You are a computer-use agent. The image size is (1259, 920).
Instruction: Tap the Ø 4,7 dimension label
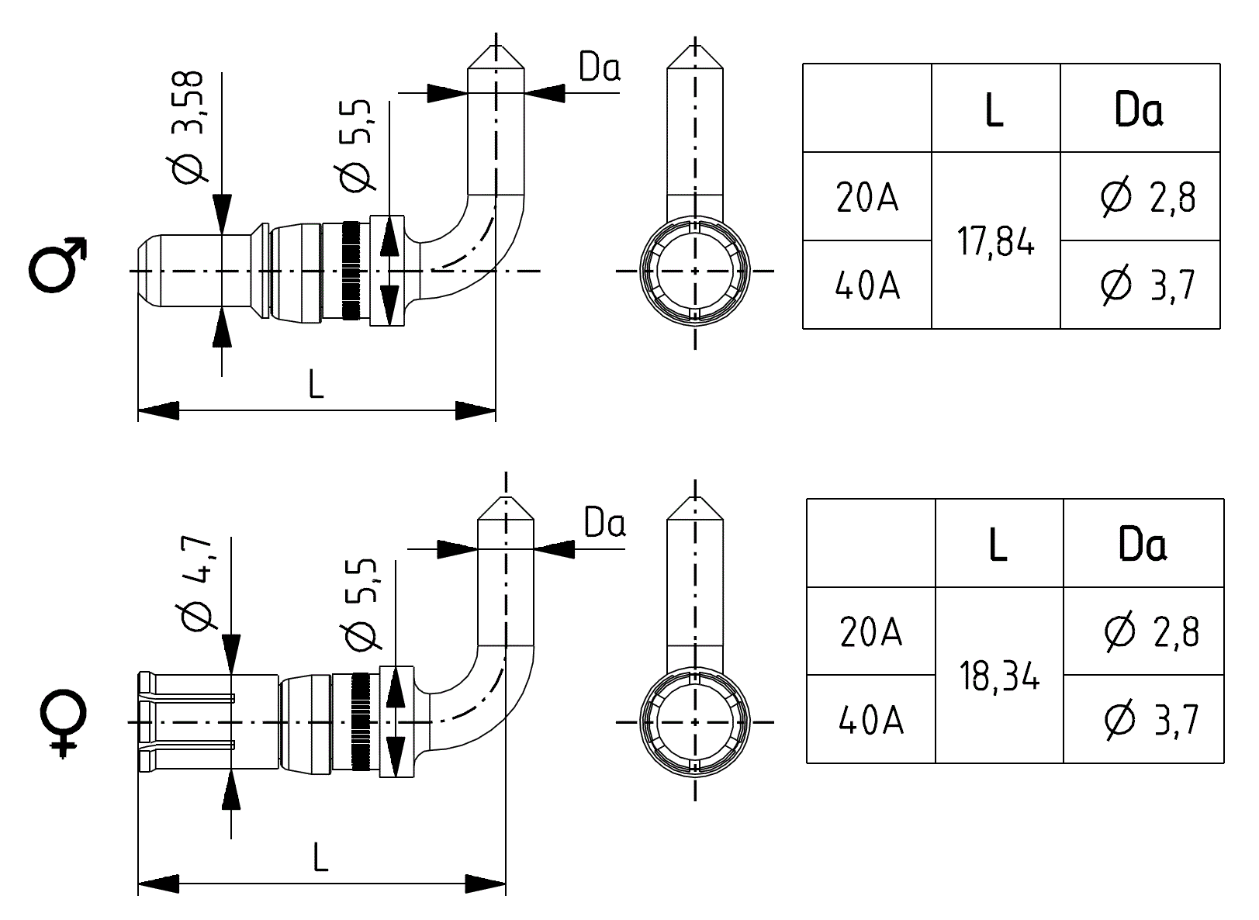195,583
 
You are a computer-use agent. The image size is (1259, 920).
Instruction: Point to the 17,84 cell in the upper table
995,243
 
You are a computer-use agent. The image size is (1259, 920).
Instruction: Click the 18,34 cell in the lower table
999,677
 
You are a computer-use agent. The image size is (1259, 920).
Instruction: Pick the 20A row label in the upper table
867,198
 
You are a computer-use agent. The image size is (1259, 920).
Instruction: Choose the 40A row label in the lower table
871,721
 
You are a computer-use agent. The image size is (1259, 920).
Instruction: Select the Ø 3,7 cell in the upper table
1147,285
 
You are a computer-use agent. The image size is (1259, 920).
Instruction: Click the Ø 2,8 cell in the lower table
1150,632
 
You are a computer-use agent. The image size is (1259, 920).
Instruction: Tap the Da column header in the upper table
1138,109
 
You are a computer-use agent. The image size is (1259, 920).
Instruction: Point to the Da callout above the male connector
600,68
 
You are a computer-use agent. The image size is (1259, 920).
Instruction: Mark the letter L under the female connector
320,857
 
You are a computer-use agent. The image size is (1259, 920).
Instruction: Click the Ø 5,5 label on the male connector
357,146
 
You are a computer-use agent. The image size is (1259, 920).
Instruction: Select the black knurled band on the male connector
351,270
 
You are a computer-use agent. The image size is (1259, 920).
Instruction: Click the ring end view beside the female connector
694,722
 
